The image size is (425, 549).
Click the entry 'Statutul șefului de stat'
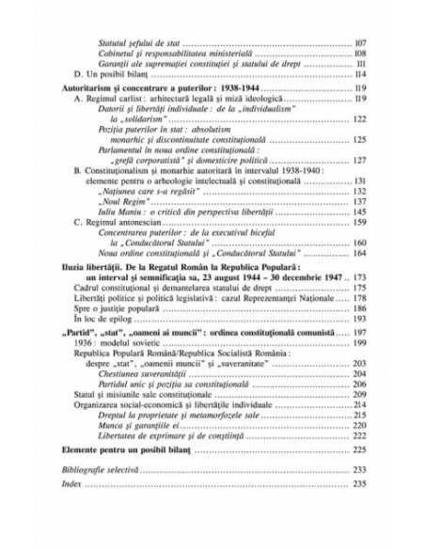[140, 44]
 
